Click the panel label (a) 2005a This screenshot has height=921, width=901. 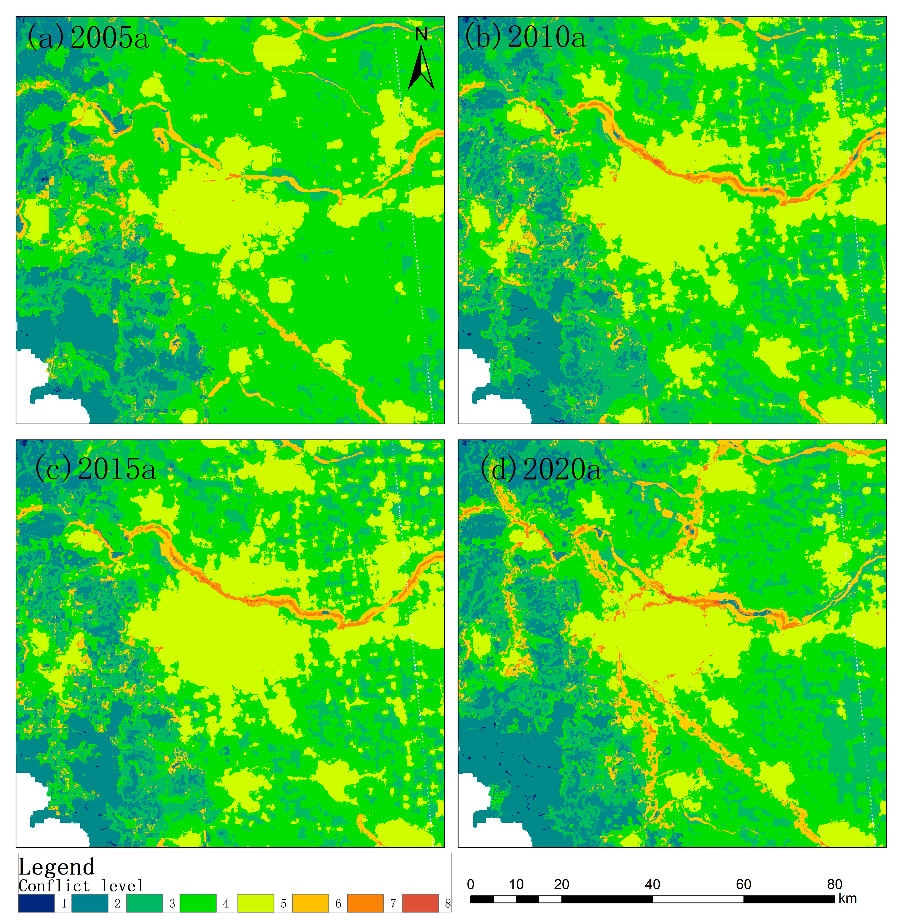pyautogui.click(x=88, y=37)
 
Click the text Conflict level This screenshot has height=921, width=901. pyautogui.click(x=81, y=886)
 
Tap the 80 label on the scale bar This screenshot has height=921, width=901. pyautogui.click(x=834, y=884)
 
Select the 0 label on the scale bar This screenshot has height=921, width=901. pyautogui.click(x=470, y=884)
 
